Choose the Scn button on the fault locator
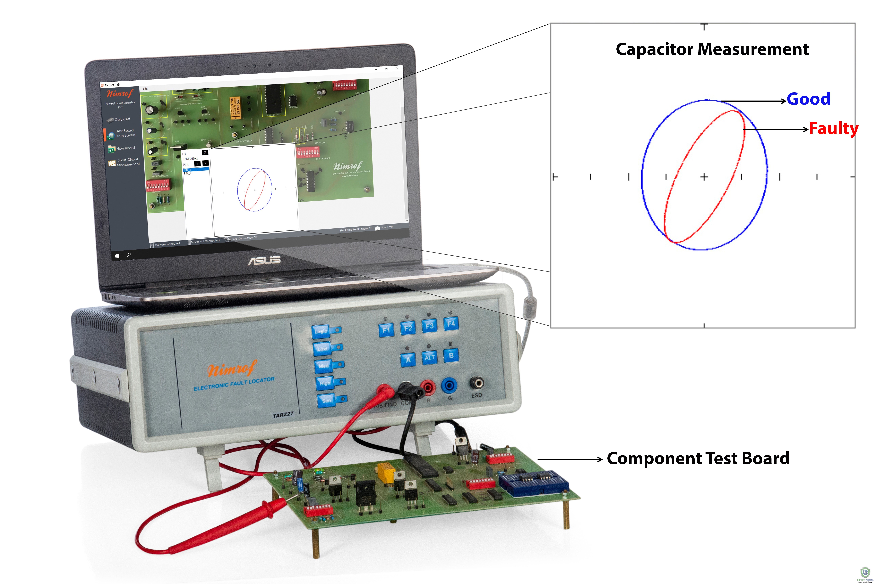tap(326, 401)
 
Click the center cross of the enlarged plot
tap(704, 177)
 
